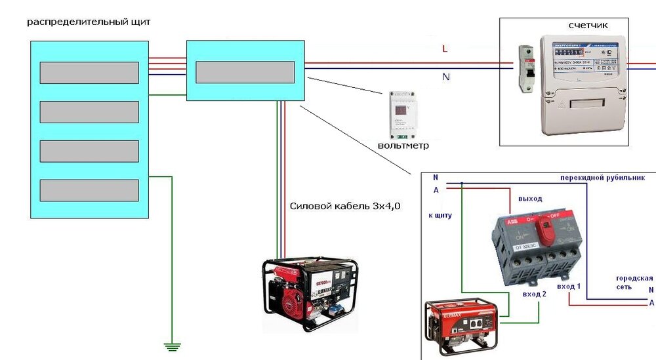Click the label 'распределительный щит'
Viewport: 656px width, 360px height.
coord(89,22)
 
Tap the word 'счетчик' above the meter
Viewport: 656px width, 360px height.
coord(588,25)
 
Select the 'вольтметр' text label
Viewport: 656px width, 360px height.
coord(403,144)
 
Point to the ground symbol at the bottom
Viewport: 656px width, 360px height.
coord(172,345)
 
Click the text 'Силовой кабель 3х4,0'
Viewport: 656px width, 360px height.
coord(345,206)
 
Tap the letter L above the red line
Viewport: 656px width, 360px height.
coord(445,49)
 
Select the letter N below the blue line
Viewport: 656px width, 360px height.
coord(446,77)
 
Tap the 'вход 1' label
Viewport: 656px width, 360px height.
coord(568,287)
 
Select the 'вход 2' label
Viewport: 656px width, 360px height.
coord(534,294)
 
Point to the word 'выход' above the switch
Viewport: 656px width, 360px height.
coord(530,198)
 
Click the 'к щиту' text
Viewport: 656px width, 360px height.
coord(440,214)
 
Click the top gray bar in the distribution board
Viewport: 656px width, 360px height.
coord(89,73)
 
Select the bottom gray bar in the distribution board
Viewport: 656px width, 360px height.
coord(89,190)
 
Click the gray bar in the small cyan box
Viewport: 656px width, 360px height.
coord(245,72)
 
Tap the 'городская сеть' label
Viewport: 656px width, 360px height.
coord(634,283)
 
